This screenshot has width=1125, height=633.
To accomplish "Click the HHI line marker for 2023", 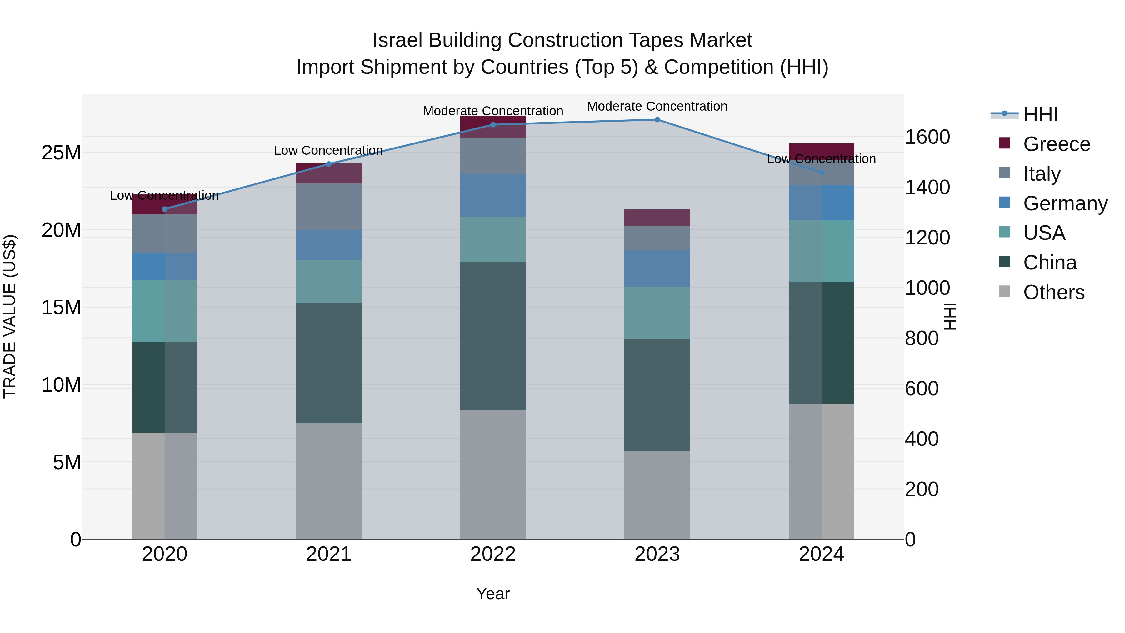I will tap(657, 120).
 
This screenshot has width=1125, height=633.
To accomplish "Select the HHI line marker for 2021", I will tap(329, 164).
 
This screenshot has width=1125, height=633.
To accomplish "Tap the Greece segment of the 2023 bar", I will tap(657, 218).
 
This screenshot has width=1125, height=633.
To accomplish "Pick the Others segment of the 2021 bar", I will tap(329, 480).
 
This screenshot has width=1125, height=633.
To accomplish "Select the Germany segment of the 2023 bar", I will tap(657, 268).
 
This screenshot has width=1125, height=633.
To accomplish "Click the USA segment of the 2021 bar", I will tap(329, 281).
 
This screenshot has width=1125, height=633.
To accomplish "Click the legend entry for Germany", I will tap(1065, 203).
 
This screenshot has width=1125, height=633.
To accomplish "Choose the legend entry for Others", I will tap(1053, 292).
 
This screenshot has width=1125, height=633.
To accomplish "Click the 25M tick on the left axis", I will tap(61, 153).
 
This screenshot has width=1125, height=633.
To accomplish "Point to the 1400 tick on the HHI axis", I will tap(927, 188).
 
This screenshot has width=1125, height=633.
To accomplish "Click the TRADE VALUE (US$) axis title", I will tap(10, 316).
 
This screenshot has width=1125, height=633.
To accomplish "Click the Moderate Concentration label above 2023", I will tap(657, 106).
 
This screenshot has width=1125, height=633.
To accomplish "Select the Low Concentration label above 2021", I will tap(328, 150).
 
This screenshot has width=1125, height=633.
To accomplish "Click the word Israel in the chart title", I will tap(397, 40).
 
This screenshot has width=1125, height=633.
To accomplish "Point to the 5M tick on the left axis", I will tap(67, 462).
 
